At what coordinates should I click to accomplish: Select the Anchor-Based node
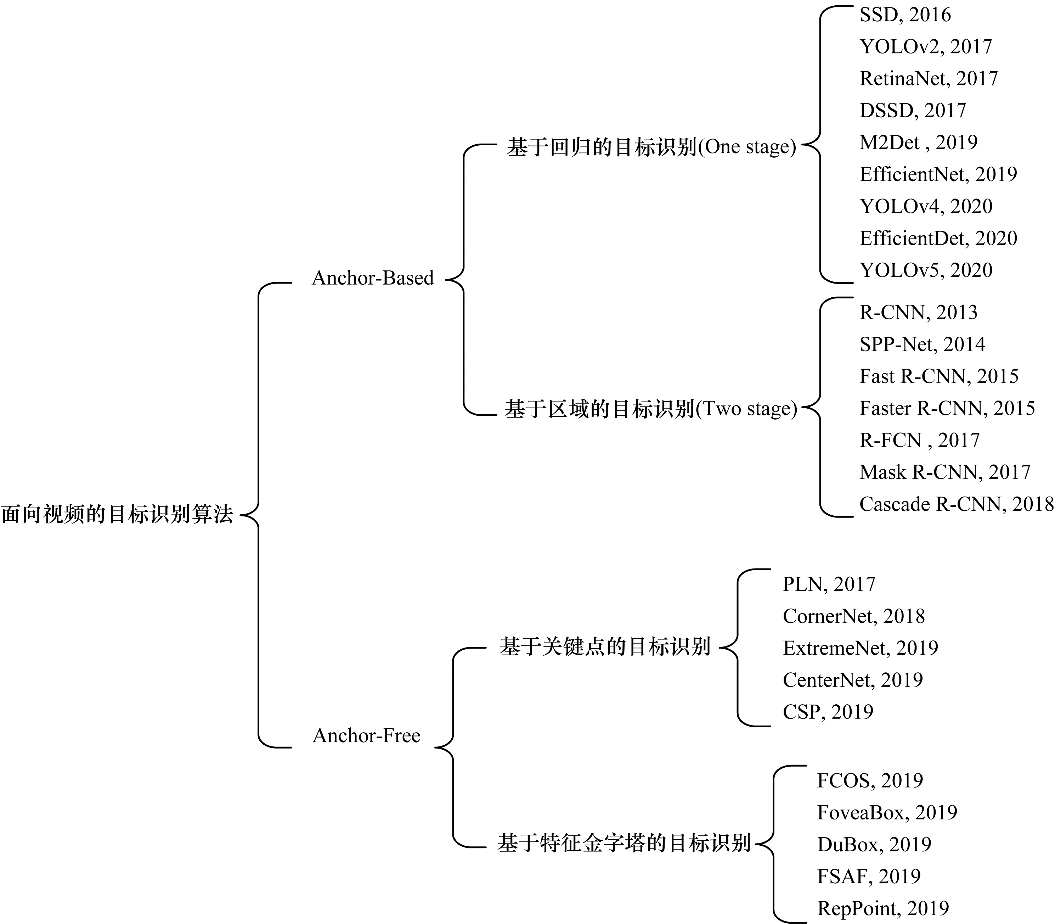pyautogui.click(x=373, y=278)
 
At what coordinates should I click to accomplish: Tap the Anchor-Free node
pyautogui.click(x=366, y=735)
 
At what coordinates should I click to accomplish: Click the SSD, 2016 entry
pyautogui.click(x=905, y=15)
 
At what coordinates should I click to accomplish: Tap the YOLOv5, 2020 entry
pyautogui.click(x=926, y=270)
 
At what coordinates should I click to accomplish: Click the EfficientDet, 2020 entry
pyautogui.click(x=938, y=238)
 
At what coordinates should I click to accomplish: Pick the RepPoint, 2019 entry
pyautogui.click(x=883, y=908)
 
